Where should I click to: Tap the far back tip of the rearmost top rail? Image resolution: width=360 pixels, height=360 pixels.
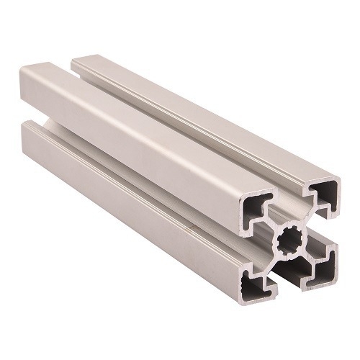(75, 57)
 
